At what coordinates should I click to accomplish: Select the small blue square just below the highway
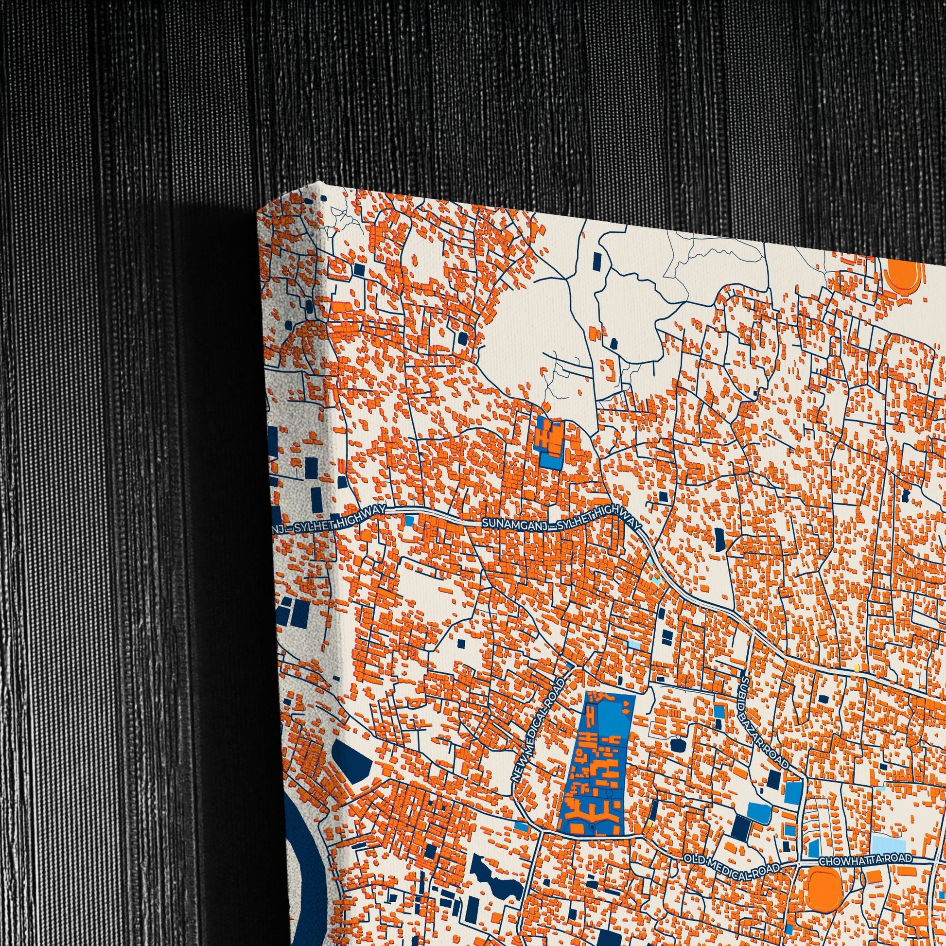pyautogui.click(x=409, y=521)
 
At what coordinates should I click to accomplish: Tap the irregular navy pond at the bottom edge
pyautogui.click(x=494, y=881)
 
